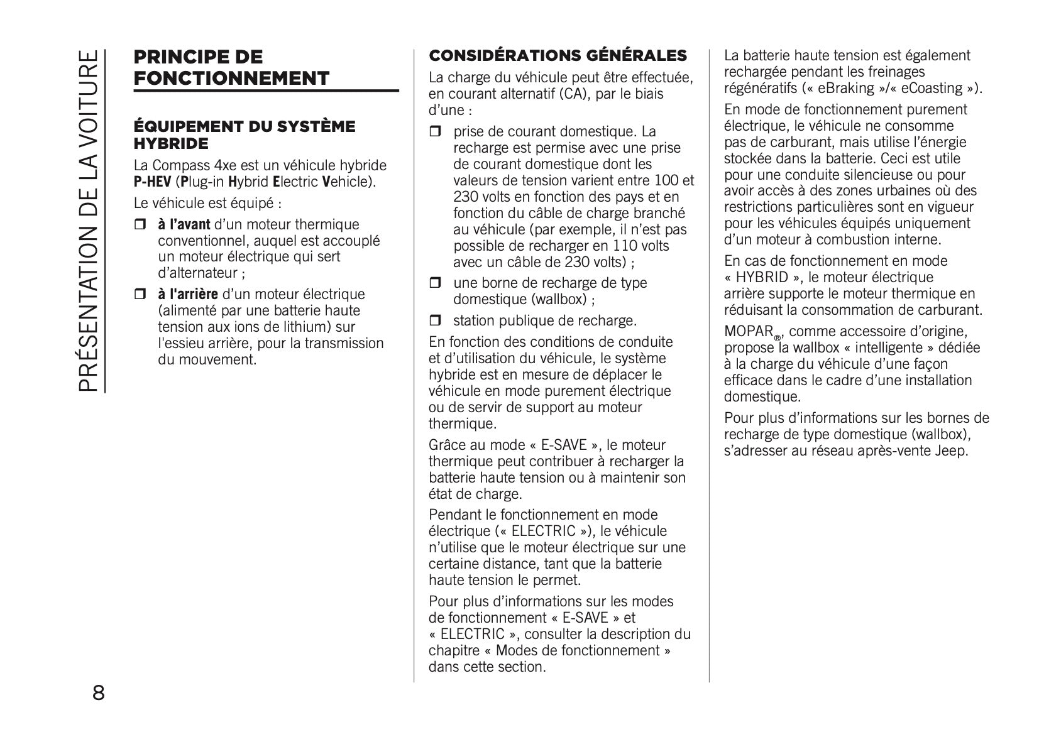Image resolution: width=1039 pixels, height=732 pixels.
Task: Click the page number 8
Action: (99, 694)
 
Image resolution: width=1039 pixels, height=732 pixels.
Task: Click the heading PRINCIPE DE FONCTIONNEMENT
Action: (231, 68)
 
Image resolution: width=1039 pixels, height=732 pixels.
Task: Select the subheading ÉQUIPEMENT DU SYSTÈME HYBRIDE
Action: (245, 135)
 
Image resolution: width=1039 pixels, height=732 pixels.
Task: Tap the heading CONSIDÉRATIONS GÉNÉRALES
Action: (558, 56)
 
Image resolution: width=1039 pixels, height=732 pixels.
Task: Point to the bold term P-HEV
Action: (152, 182)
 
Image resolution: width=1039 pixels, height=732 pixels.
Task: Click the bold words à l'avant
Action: (184, 224)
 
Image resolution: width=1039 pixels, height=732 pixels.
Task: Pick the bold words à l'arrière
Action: (187, 294)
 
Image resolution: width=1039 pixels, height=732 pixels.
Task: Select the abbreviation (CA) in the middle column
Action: (596, 94)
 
